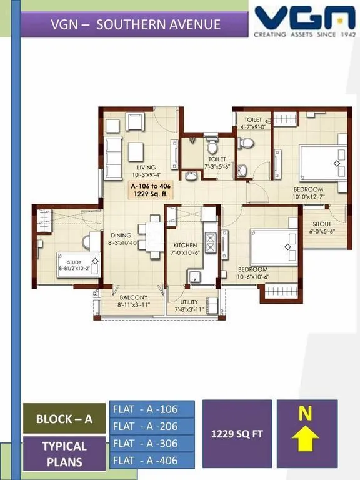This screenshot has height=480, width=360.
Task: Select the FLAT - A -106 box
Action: (x=152, y=409)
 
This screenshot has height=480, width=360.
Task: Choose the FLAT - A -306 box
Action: (x=152, y=444)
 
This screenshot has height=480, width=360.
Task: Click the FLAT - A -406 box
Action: (x=152, y=461)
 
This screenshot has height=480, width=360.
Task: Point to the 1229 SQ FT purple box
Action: (x=237, y=433)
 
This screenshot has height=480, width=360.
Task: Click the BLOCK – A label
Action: (x=64, y=419)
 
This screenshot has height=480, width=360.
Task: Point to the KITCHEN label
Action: (x=185, y=246)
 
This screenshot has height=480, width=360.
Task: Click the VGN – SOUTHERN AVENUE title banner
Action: (x=136, y=25)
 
